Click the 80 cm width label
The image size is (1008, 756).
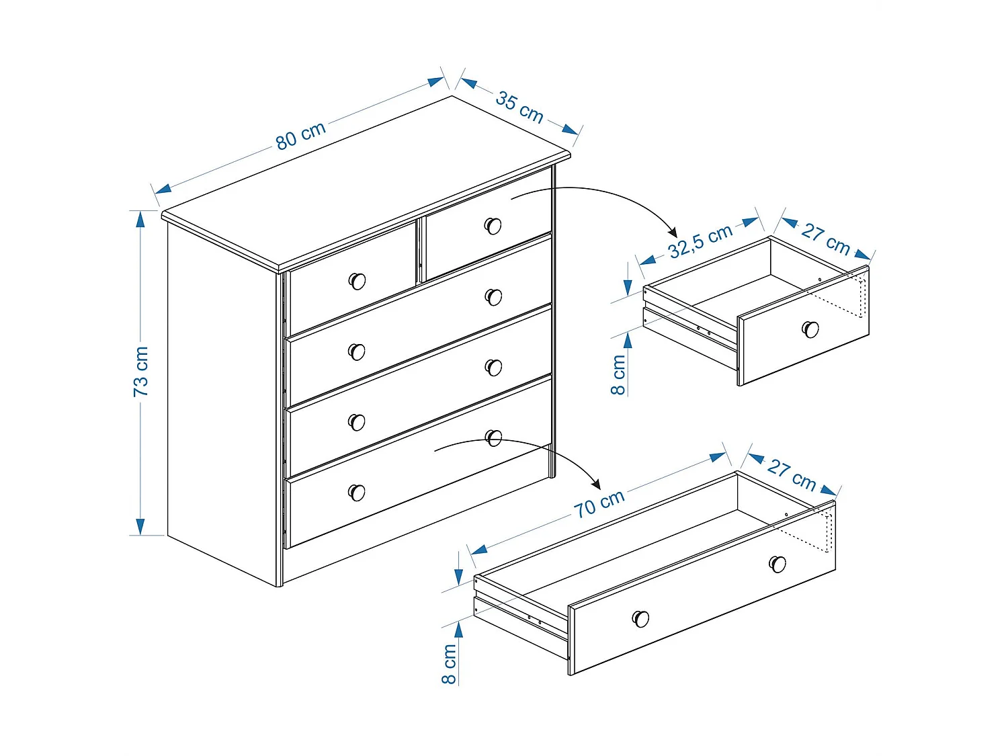pyautogui.click(x=300, y=135)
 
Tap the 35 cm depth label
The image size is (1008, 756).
pyautogui.click(x=519, y=107)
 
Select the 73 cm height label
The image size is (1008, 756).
pyautogui.click(x=140, y=371)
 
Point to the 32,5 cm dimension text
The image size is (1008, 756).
pyautogui.click(x=700, y=241)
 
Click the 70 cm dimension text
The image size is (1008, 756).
pyautogui.click(x=599, y=503)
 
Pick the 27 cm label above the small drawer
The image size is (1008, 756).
pyautogui.click(x=826, y=239)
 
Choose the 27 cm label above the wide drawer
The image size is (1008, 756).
pyautogui.click(x=792, y=474)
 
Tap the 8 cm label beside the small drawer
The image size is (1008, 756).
pyautogui.click(x=618, y=375)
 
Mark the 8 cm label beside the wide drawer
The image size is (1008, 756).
pyautogui.click(x=449, y=664)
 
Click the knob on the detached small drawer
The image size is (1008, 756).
pyautogui.click(x=810, y=329)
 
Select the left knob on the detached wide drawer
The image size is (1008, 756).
pyautogui.click(x=640, y=618)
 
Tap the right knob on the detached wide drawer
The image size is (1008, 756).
pyautogui.click(x=778, y=563)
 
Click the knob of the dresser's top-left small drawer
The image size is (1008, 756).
pyautogui.click(x=357, y=281)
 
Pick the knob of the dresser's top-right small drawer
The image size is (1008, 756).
pyautogui.click(x=493, y=226)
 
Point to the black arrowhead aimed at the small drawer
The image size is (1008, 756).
pyautogui.click(x=671, y=231)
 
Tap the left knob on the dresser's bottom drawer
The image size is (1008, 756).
pyautogui.click(x=356, y=493)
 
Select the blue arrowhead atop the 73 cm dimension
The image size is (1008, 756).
pyautogui.click(x=140, y=219)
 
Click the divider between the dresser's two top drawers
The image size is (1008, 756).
pyautogui.click(x=421, y=251)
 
